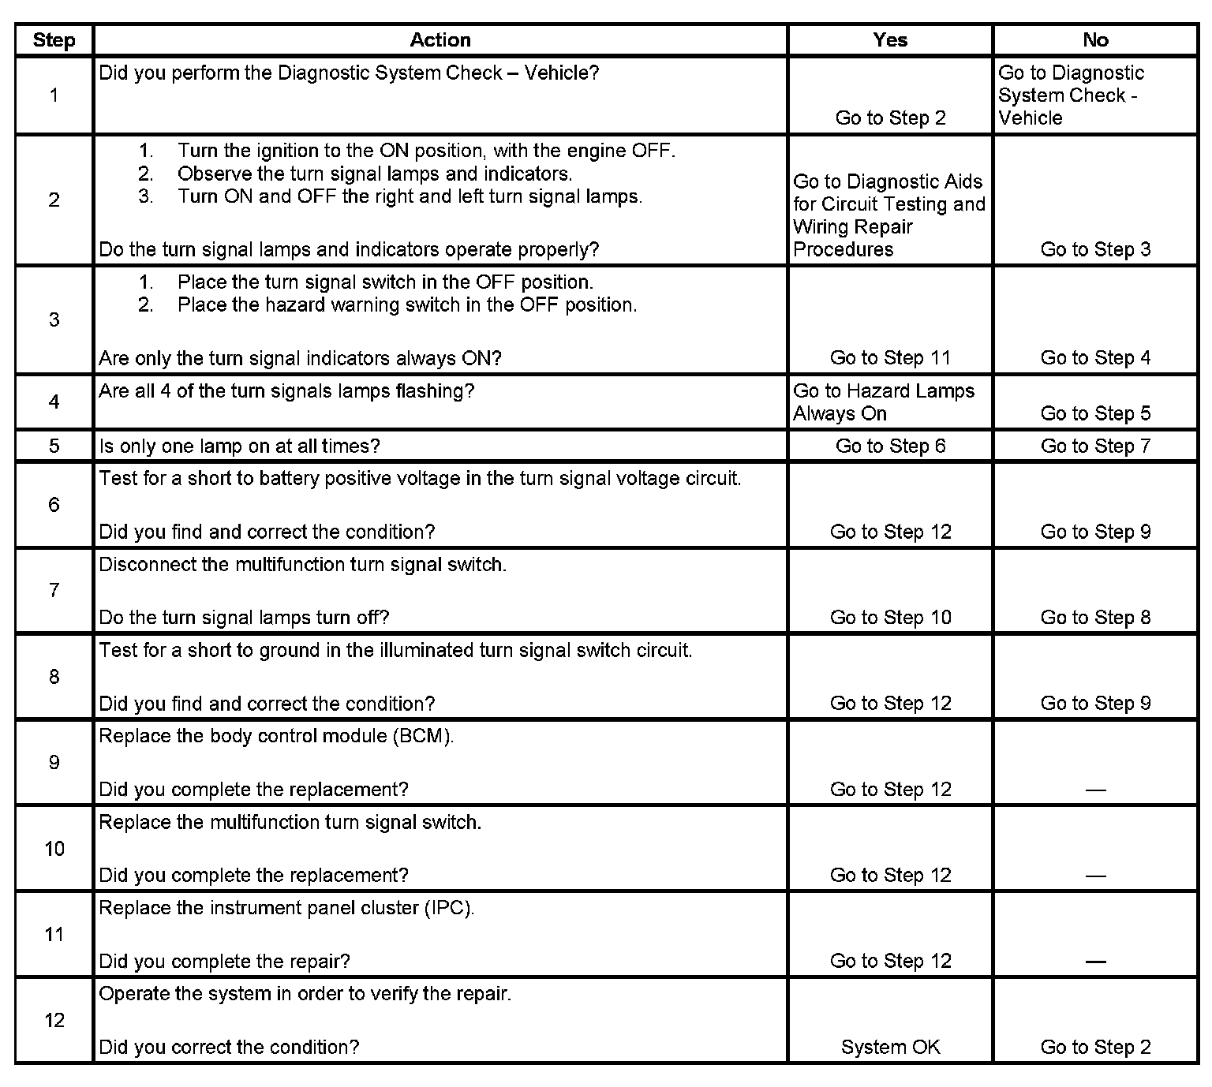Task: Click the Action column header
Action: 440,40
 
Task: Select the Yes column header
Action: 890,40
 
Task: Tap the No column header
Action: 1095,40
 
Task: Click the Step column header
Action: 54,41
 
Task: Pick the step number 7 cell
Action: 54,590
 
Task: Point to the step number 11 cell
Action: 54,935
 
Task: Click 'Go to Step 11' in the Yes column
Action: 890,358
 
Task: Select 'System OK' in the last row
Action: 890,1047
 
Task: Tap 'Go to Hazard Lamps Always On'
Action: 883,402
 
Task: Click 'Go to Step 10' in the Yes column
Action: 890,618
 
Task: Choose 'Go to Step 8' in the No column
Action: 1095,618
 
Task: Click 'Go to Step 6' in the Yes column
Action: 890,446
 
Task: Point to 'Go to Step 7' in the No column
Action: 1095,446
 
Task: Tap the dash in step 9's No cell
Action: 1095,790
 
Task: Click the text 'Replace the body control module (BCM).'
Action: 276,737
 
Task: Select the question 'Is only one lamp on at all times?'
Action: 239,446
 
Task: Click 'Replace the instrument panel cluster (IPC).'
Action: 286,908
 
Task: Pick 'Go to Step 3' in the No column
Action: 1095,250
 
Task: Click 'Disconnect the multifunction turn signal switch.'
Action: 302,565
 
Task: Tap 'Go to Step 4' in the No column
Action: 1095,358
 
